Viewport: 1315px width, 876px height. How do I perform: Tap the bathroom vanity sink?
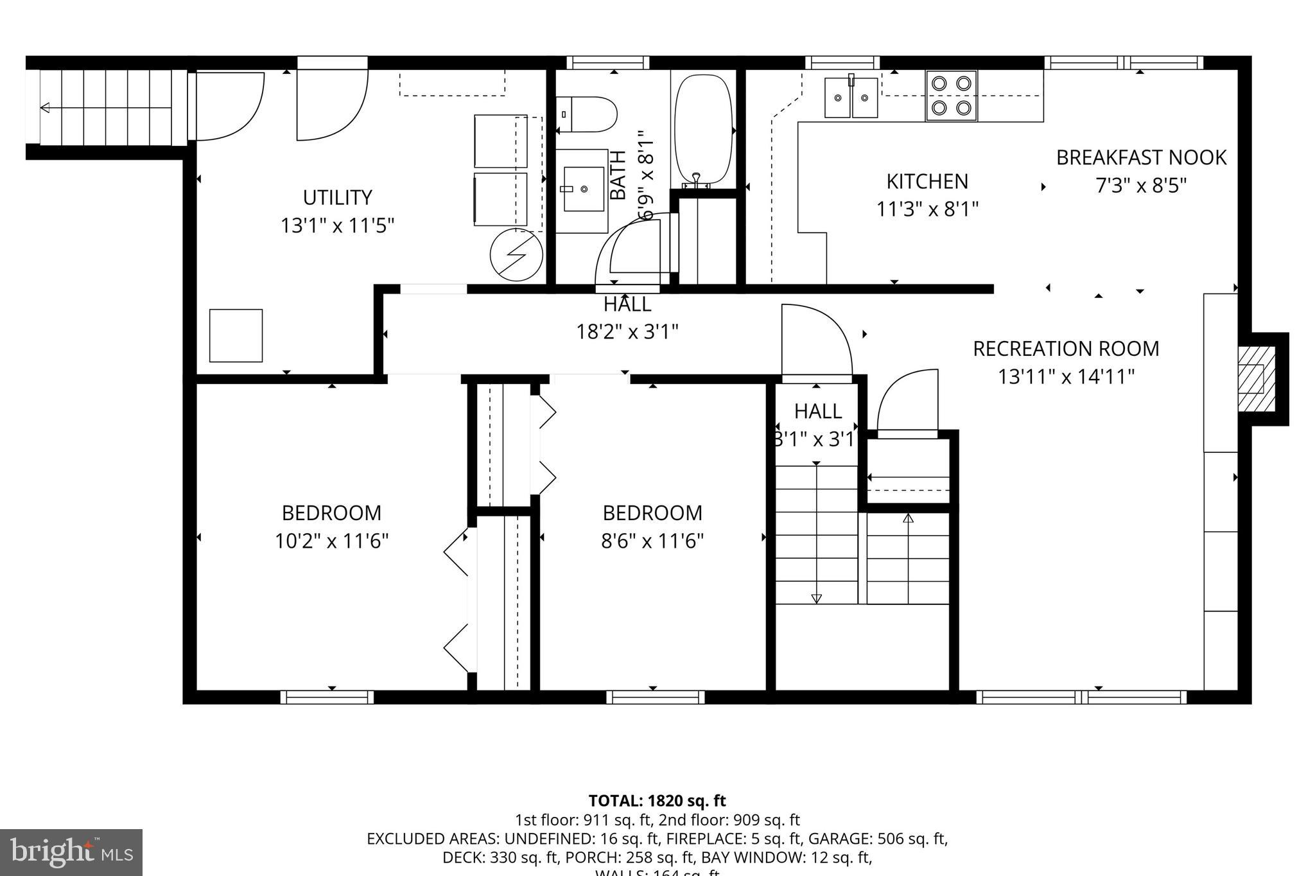[x=582, y=189]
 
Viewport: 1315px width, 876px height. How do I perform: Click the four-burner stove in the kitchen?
[x=951, y=96]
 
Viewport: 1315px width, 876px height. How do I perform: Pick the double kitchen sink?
[x=851, y=98]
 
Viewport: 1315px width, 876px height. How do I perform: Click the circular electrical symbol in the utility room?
[x=516, y=254]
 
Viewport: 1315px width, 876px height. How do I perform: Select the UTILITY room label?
[x=337, y=197]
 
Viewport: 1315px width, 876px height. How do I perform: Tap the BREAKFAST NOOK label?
[x=1141, y=157]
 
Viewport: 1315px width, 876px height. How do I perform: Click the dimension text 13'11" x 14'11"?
[x=1066, y=376]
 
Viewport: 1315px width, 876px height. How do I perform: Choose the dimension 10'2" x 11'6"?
[x=331, y=541]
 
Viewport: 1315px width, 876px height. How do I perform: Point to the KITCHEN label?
[x=927, y=182]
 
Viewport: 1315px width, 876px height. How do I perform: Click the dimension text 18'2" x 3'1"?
[x=627, y=332]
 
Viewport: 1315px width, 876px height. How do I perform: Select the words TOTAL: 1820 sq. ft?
[x=657, y=801]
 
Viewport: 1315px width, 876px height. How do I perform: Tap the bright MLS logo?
[x=71, y=852]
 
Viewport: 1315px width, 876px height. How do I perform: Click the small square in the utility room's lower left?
[x=236, y=335]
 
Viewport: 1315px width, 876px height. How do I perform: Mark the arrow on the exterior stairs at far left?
[x=45, y=107]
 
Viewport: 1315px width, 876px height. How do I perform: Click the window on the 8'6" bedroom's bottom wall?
[x=655, y=697]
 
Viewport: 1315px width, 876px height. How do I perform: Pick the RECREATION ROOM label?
[x=1066, y=349]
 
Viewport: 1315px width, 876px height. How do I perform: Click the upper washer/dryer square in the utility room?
[x=501, y=141]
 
